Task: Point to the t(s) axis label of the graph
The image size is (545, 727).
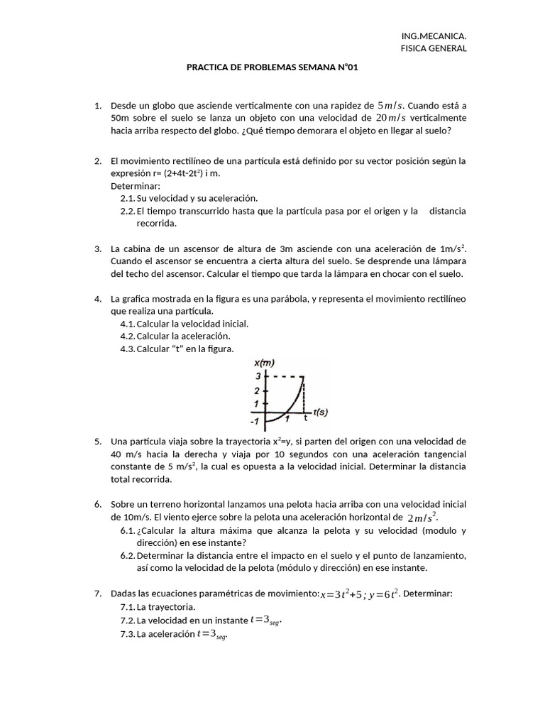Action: [x=320, y=411]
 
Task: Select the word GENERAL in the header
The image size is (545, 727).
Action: [x=447, y=48]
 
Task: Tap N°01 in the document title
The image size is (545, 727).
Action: [x=346, y=67]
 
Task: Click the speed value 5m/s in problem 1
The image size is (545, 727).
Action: [x=390, y=105]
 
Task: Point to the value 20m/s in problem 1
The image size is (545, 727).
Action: [x=392, y=118]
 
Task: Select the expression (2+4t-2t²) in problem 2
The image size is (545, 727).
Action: [x=173, y=173]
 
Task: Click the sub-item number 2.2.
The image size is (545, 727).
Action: [x=127, y=211]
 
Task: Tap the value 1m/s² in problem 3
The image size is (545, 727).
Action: [x=453, y=248]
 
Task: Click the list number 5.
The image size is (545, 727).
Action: [x=98, y=442]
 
